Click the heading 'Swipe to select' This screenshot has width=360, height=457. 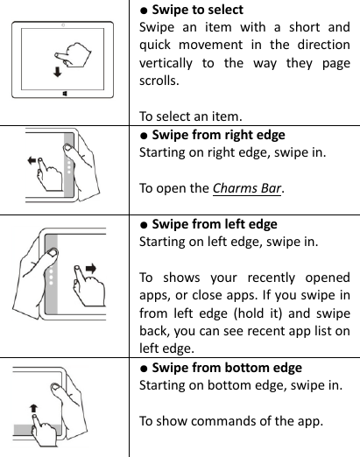point(197,11)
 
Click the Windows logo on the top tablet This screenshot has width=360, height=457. point(65,91)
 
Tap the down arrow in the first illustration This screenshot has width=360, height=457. point(57,72)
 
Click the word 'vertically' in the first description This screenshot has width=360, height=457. point(170,62)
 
